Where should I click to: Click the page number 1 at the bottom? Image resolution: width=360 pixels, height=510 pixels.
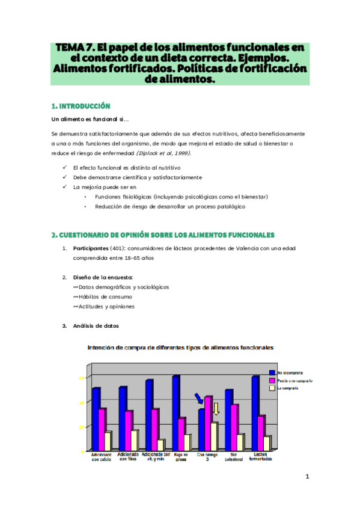click(307, 477)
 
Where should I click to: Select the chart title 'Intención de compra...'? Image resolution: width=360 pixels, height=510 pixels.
click(180, 347)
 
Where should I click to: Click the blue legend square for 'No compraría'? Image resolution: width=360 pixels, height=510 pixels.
click(272, 373)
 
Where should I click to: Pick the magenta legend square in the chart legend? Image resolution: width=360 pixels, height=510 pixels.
click(272, 381)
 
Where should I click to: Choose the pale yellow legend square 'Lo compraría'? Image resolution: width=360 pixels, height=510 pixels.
click(272, 389)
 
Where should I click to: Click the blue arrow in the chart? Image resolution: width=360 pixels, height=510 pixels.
click(199, 399)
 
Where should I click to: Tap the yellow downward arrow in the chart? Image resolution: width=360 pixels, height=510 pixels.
click(216, 410)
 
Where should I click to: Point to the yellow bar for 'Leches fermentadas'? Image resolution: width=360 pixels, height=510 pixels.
click(266, 442)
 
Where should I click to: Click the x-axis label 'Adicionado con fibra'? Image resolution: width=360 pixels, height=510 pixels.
click(128, 456)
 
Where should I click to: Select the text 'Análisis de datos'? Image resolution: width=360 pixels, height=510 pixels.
click(96, 326)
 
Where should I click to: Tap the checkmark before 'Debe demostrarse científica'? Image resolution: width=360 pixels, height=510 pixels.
click(64, 177)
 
